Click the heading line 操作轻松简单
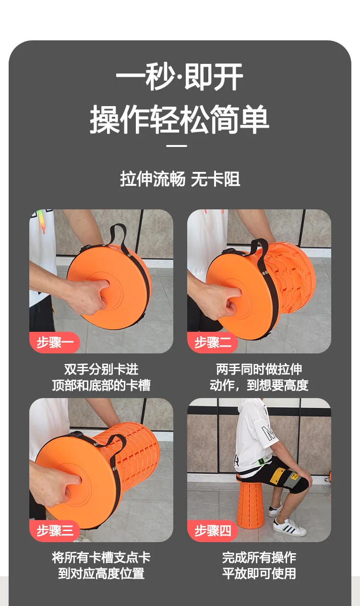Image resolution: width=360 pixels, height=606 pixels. (180, 120)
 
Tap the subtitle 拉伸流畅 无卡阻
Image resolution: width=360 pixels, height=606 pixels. (180, 180)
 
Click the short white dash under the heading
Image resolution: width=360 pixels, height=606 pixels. (180, 146)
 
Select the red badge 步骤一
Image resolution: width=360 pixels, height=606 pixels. (55, 343)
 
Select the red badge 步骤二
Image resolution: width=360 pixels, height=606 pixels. (213, 343)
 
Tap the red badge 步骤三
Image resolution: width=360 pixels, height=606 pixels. (55, 531)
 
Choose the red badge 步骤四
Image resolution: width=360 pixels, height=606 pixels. (213, 531)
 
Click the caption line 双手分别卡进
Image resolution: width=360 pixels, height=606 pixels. (101, 369)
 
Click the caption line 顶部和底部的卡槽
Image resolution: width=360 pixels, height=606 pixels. (101, 385)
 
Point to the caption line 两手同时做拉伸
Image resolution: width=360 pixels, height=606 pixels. (259, 369)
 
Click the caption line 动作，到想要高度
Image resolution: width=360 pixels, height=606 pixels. (259, 385)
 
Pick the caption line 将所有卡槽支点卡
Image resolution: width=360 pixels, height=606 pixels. (101, 558)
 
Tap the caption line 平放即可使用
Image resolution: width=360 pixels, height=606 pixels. (259, 573)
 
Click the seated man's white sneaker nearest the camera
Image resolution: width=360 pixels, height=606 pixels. (289, 528)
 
